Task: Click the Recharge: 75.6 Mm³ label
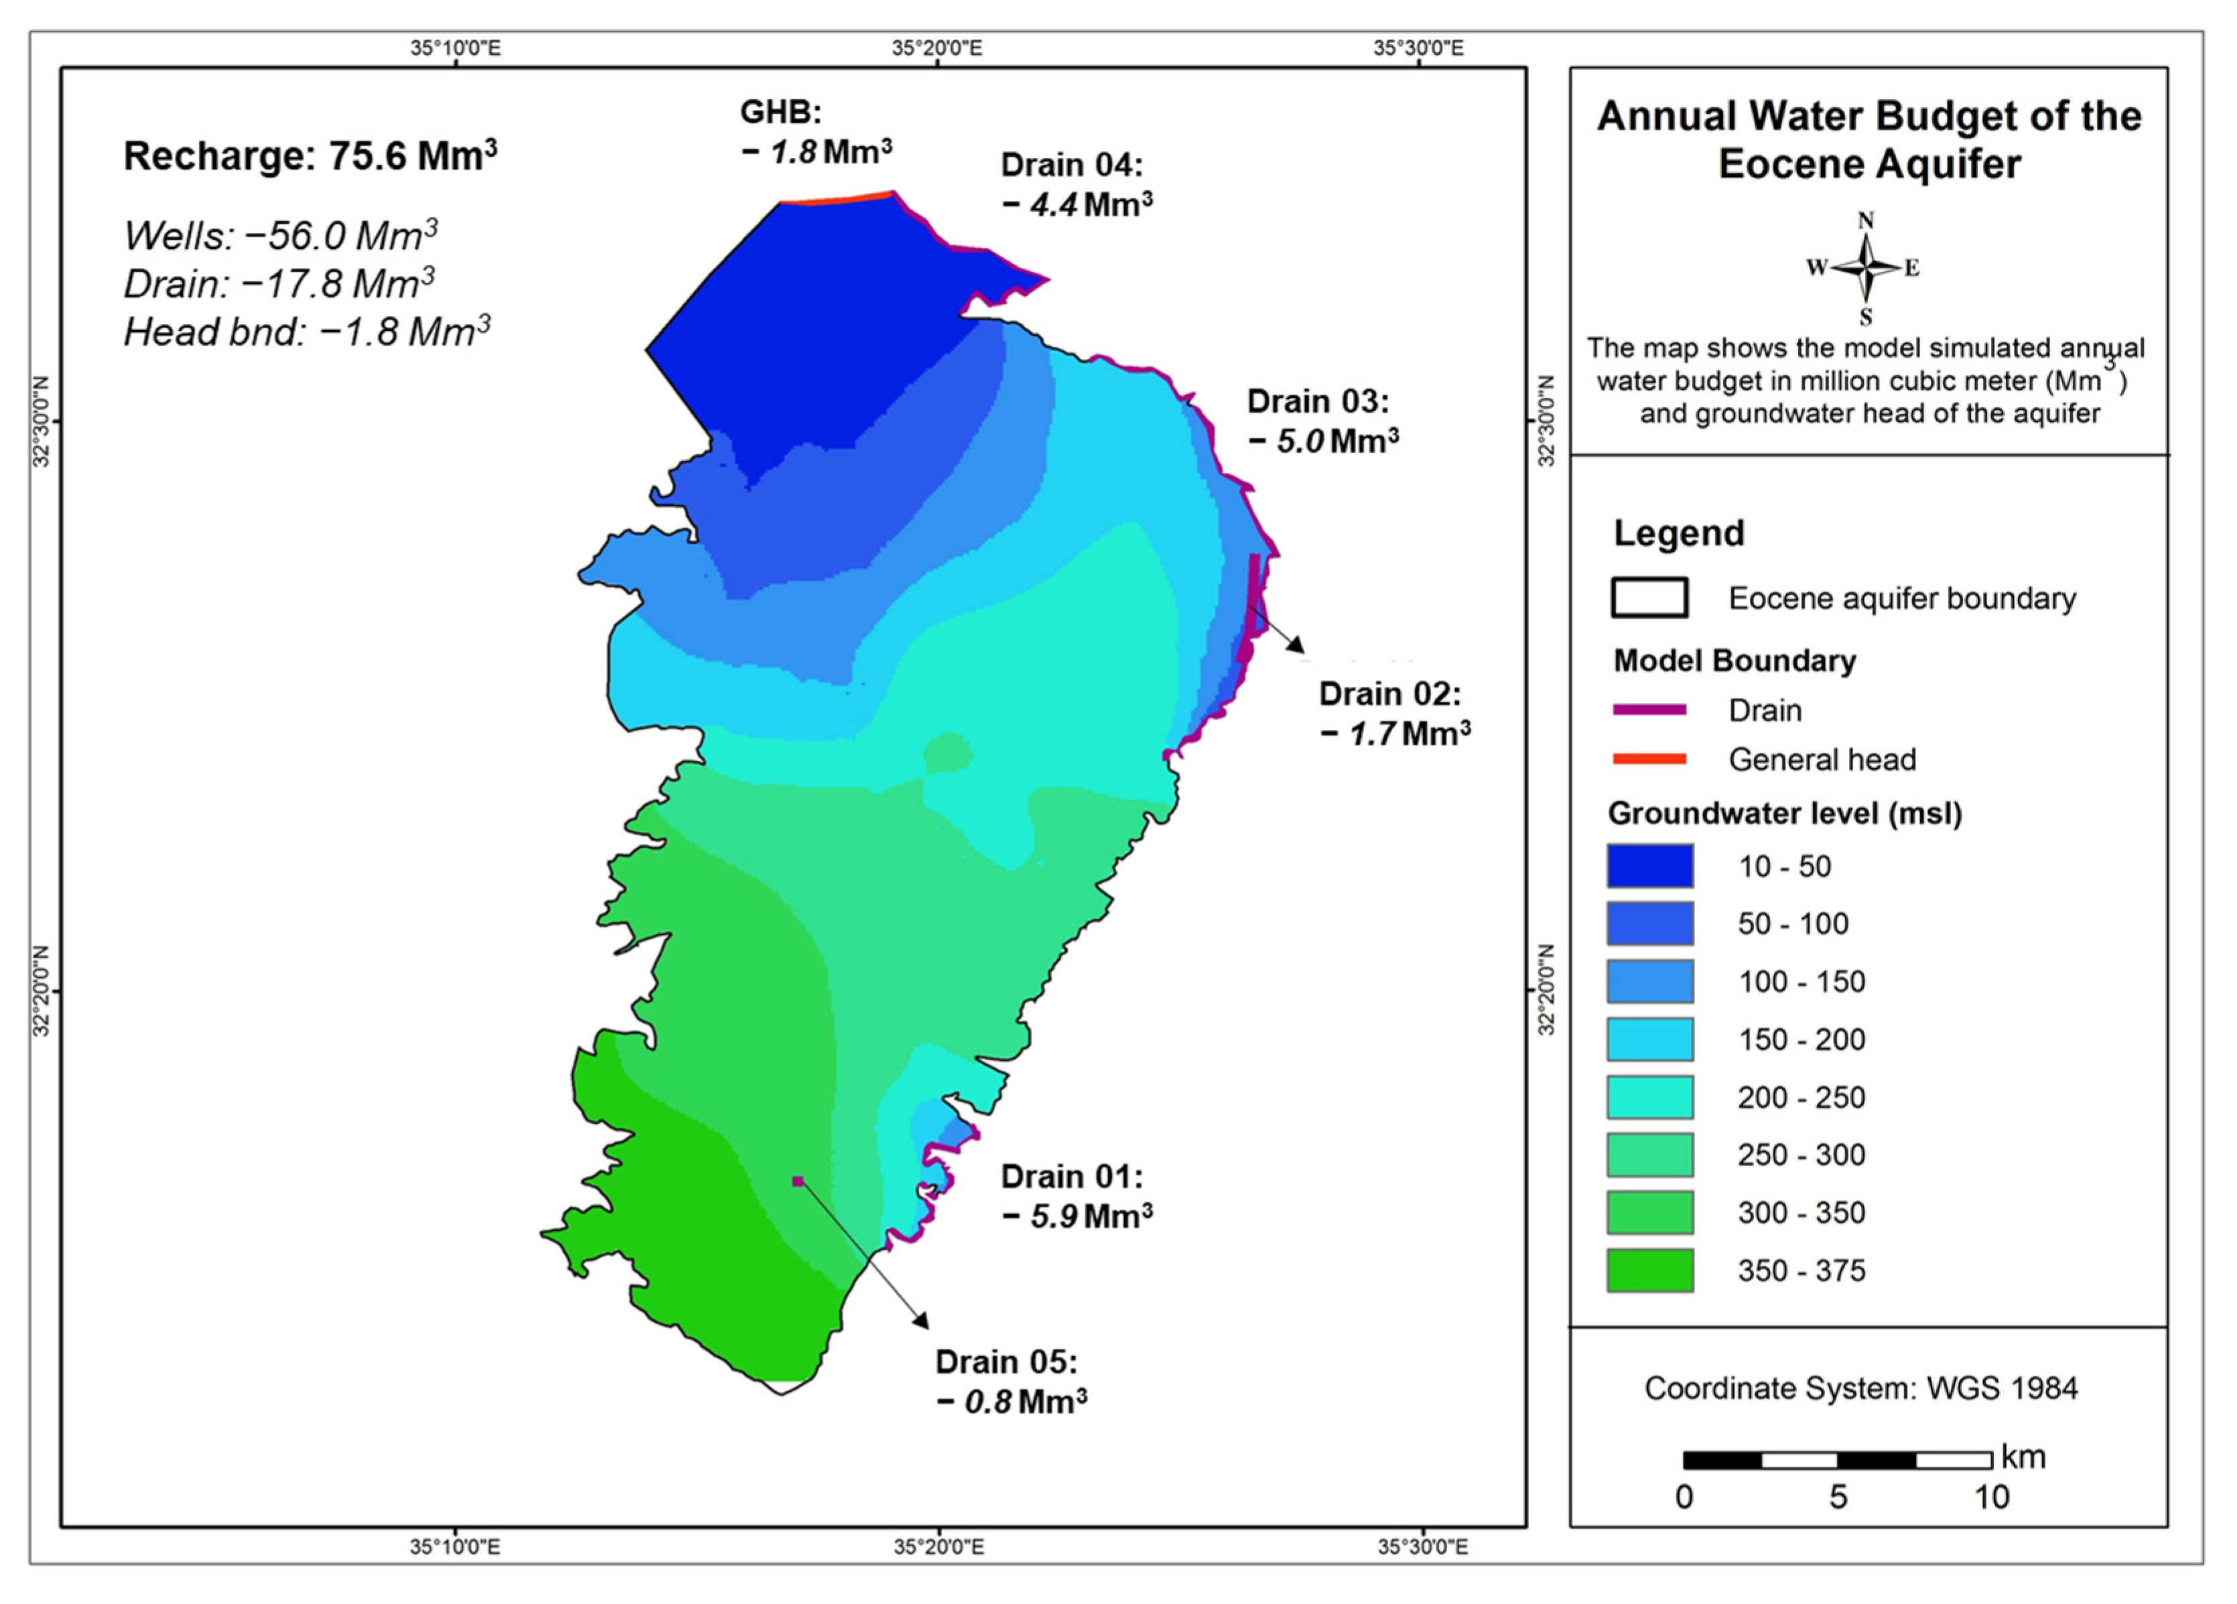coord(310,156)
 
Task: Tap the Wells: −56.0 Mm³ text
coord(280,236)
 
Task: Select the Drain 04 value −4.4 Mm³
coord(1077,205)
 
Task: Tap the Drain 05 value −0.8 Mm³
coord(1011,1401)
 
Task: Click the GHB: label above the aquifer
coord(781,113)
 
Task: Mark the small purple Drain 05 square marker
coord(798,1180)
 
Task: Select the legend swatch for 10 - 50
coord(1649,865)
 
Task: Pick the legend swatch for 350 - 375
coord(1649,1270)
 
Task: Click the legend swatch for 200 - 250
coord(1649,1096)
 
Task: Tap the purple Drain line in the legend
coord(1649,710)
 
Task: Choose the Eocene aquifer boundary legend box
coord(1649,597)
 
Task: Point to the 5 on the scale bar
coord(1838,1497)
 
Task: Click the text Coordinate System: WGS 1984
coord(1860,1388)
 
